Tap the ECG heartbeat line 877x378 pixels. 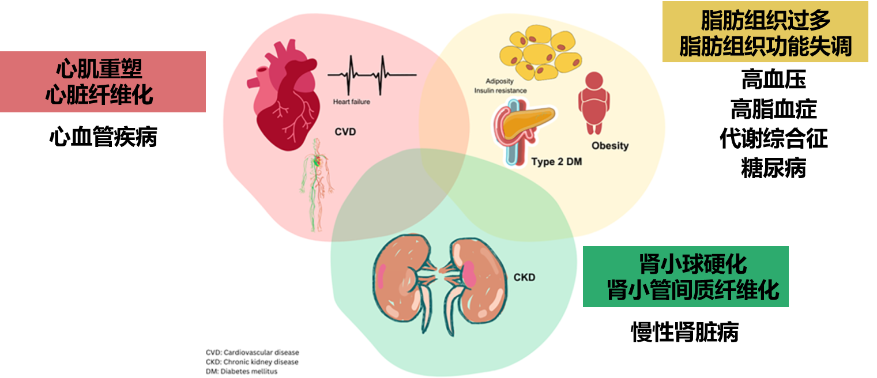pos(372,75)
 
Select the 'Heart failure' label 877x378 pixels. pos(352,102)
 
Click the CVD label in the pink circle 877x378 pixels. pos(345,132)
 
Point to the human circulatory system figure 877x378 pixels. pos(315,179)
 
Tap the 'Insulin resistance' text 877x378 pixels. pos(500,91)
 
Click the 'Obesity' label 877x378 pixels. pos(609,146)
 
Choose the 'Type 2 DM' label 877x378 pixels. pos(556,162)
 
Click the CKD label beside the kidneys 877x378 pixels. pos(524,278)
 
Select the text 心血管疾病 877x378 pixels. pos(103,138)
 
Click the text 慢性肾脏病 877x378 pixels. pos(685,332)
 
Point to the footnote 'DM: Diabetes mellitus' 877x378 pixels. pos(242,372)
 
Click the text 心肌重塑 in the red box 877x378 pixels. pos(99,70)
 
